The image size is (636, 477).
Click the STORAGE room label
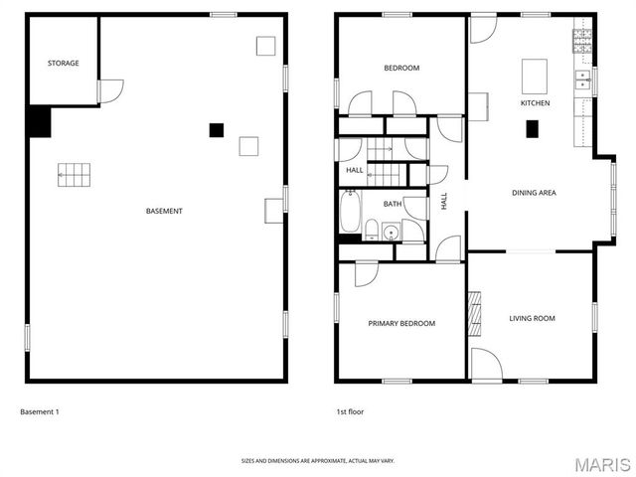point(64,64)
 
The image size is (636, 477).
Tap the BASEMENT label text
point(164,211)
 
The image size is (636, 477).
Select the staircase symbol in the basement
point(74,175)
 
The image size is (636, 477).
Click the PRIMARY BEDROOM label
point(401,323)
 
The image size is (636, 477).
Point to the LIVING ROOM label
point(532,319)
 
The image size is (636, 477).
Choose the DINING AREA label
point(533,193)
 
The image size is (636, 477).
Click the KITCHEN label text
point(535,103)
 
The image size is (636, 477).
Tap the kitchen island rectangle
point(535,75)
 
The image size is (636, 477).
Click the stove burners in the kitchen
point(582,40)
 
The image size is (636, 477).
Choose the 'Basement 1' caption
point(40,411)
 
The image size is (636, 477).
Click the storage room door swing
point(110,91)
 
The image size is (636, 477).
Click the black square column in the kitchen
point(532,127)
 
